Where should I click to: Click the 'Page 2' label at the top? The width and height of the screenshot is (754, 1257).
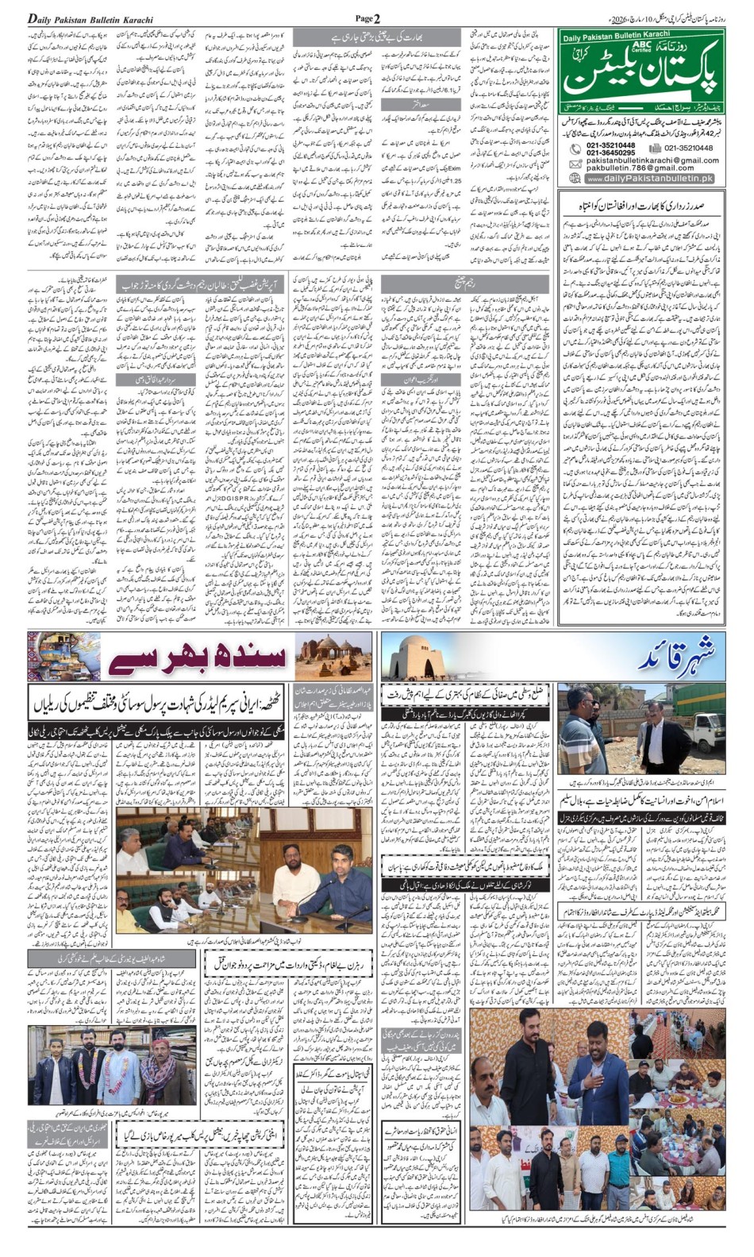(367, 18)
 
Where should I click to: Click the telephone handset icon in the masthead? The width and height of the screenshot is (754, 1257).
(575, 149)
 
